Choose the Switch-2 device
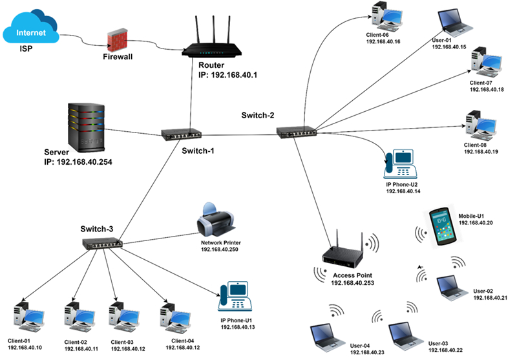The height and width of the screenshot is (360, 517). click(297, 132)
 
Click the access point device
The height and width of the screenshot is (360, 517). click(342, 256)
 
